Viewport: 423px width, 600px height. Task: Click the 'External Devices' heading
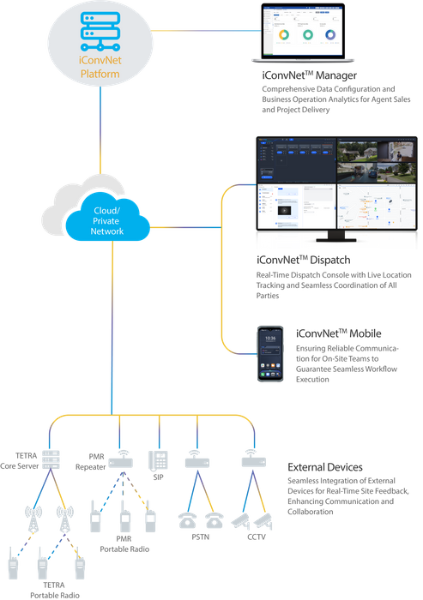click(324, 467)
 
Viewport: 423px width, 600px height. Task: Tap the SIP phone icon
click(159, 458)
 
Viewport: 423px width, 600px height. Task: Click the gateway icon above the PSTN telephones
click(196, 459)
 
